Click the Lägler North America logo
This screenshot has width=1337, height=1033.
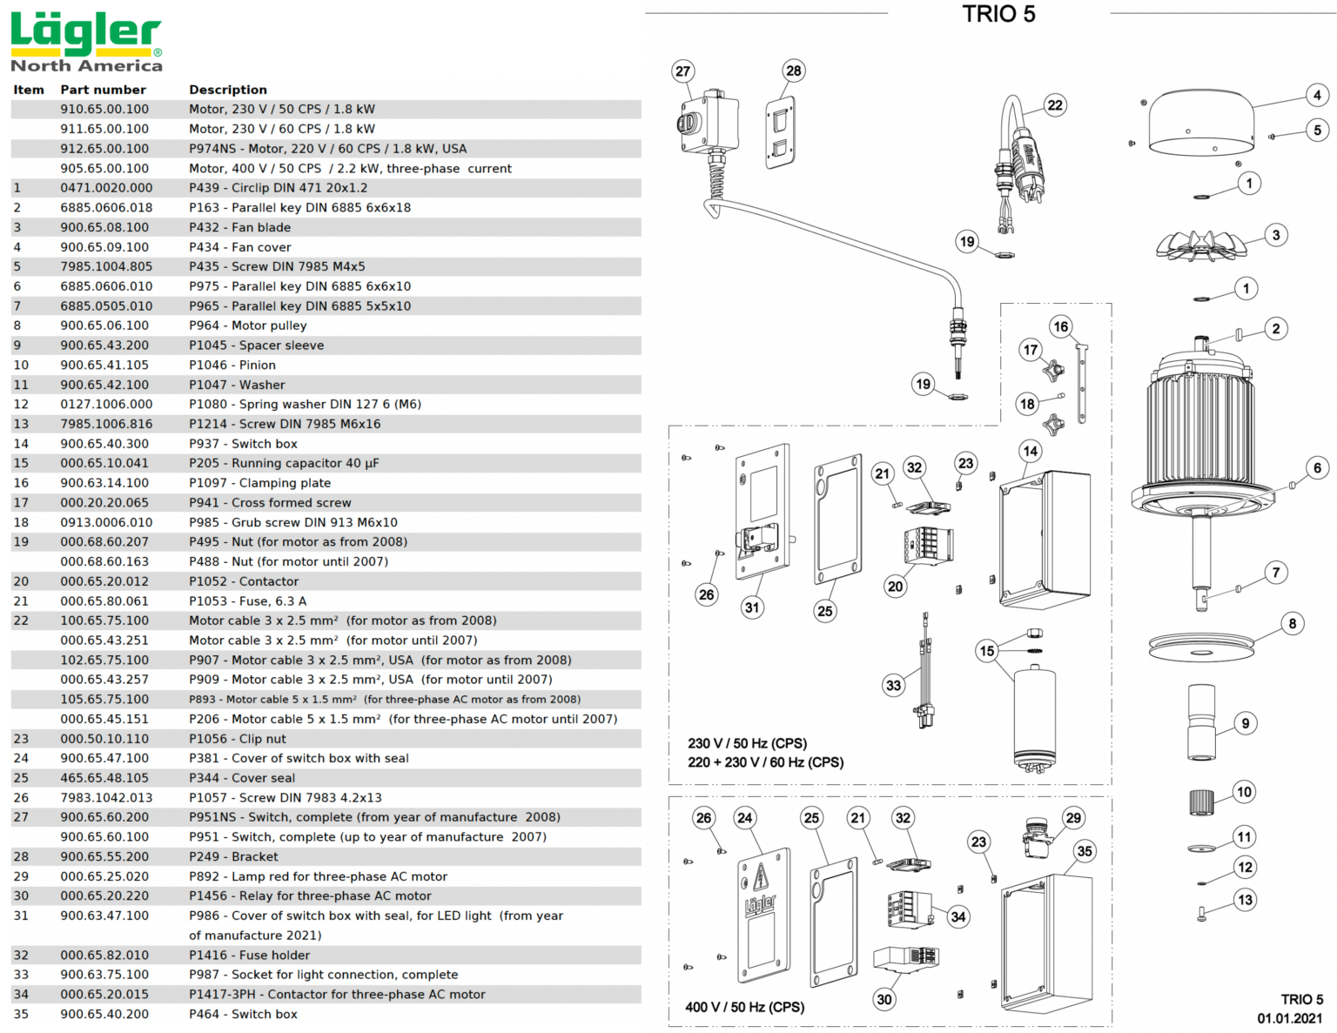(x=86, y=42)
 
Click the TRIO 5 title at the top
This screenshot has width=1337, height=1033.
(x=998, y=15)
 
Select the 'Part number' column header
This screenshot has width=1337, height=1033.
(x=103, y=90)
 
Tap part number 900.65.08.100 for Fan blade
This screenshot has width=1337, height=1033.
(x=104, y=227)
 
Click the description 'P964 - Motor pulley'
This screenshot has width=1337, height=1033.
(x=248, y=325)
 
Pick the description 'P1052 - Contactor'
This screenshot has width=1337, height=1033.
(x=244, y=581)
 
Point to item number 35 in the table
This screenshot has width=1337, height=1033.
(x=21, y=1014)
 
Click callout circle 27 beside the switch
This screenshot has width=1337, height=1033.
(x=683, y=71)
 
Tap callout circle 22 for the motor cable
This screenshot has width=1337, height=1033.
(x=1055, y=105)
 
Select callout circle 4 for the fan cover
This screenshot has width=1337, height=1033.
(x=1317, y=95)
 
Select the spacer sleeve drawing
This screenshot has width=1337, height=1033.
(x=1201, y=721)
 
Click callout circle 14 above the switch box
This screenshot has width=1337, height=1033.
(x=1031, y=451)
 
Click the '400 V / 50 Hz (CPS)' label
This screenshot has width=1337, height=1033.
(x=744, y=1007)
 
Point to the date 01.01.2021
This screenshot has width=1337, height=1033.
(x=1289, y=1018)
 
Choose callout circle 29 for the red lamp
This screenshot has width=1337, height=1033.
(x=1073, y=818)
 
